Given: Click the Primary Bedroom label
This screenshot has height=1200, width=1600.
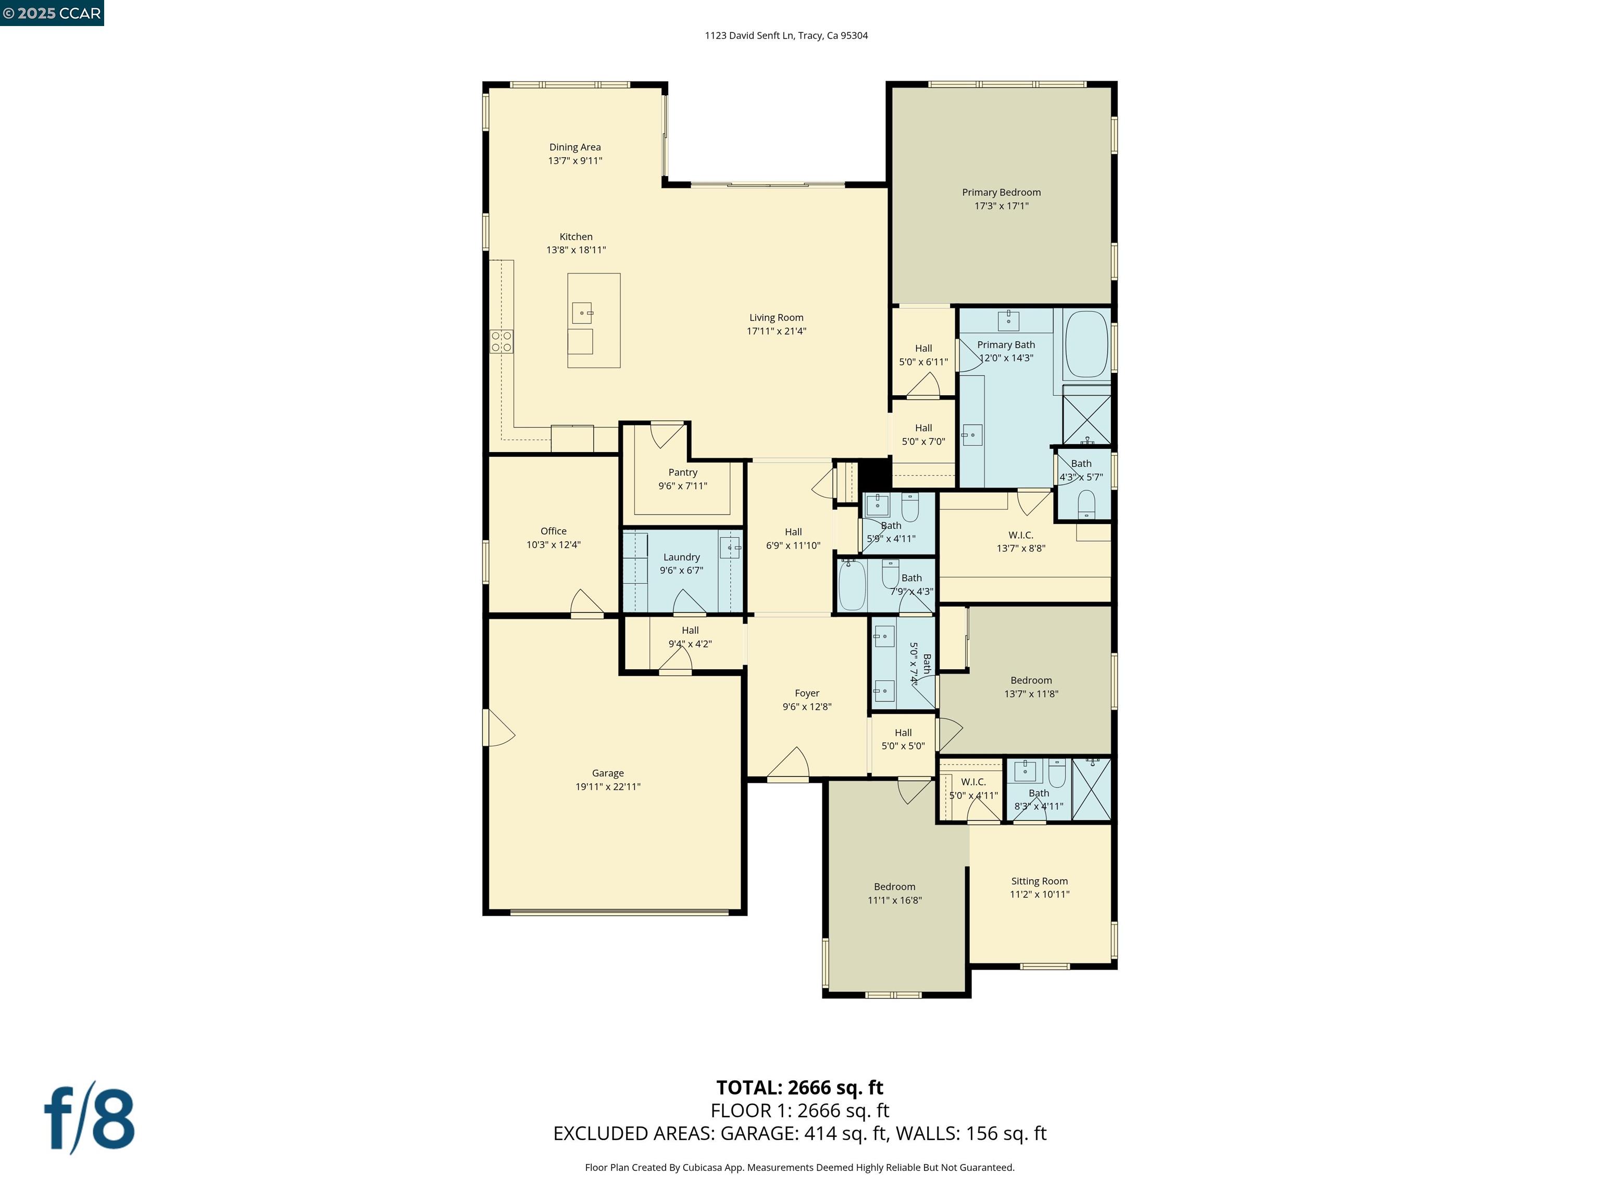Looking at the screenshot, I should click(1001, 192).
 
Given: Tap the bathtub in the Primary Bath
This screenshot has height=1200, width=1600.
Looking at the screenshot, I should click(1086, 344).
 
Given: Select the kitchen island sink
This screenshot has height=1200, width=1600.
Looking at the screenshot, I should click(582, 313).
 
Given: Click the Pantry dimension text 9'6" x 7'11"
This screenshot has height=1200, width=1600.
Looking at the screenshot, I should click(682, 486).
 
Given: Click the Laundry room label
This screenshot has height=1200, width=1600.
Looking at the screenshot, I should click(681, 557).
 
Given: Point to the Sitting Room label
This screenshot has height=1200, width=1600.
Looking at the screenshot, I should click(1040, 881).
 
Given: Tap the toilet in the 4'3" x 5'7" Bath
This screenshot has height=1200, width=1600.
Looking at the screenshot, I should click(1086, 504).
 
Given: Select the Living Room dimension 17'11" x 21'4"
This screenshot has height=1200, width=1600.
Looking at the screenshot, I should click(776, 331).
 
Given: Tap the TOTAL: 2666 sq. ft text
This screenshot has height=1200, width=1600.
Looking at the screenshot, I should click(799, 1087).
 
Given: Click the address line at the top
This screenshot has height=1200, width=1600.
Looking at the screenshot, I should click(786, 35).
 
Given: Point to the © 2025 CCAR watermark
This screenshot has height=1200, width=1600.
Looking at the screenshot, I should click(52, 13).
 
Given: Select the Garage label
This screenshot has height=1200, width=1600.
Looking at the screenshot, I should click(608, 773).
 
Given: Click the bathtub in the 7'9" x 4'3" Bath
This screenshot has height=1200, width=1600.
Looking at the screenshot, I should click(852, 585).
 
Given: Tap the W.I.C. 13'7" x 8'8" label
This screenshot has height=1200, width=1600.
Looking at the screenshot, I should click(1021, 535).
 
